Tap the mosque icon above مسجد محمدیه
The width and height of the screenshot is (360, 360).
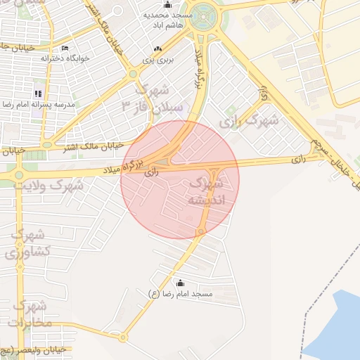pyautogui.click(x=167, y=5)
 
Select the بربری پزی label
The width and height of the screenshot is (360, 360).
pyautogui.click(x=157, y=60)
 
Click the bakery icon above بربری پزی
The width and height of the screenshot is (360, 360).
pyautogui.click(x=157, y=49)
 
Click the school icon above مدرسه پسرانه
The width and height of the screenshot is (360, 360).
pyautogui.click(x=38, y=93)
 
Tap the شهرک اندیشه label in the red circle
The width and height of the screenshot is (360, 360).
pyautogui.click(x=207, y=191)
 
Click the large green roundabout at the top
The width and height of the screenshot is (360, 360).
pyautogui.click(x=204, y=14)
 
